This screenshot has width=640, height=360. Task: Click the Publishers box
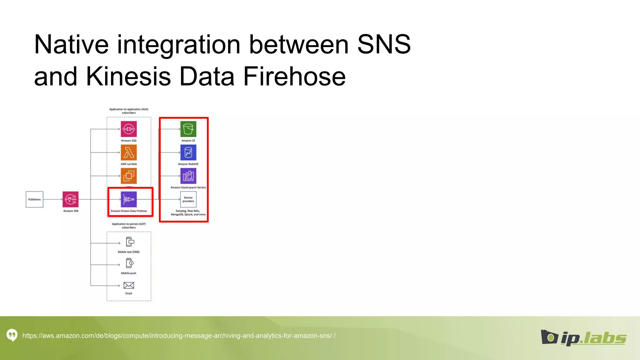[x=34, y=199]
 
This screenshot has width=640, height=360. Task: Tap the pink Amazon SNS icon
[x=71, y=199]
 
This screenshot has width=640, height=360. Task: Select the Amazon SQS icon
[x=129, y=129]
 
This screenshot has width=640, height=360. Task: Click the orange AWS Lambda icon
[x=129, y=152]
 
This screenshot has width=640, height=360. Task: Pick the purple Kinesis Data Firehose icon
[x=129, y=199]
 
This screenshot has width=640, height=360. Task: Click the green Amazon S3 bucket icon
[x=188, y=129]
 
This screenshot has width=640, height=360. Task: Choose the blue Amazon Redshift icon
[x=188, y=152]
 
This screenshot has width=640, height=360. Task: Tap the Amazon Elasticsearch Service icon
[x=188, y=176]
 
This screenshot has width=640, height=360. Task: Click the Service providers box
[x=188, y=199]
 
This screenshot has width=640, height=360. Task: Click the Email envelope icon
[x=129, y=285]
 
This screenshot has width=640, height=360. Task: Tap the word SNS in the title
[x=384, y=44]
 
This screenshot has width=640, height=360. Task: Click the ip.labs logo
[x=583, y=337]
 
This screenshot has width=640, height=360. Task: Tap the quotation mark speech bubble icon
[x=12, y=335]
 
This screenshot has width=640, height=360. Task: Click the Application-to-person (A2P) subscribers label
[x=129, y=226]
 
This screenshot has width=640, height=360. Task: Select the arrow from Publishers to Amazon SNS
[x=53, y=199]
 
